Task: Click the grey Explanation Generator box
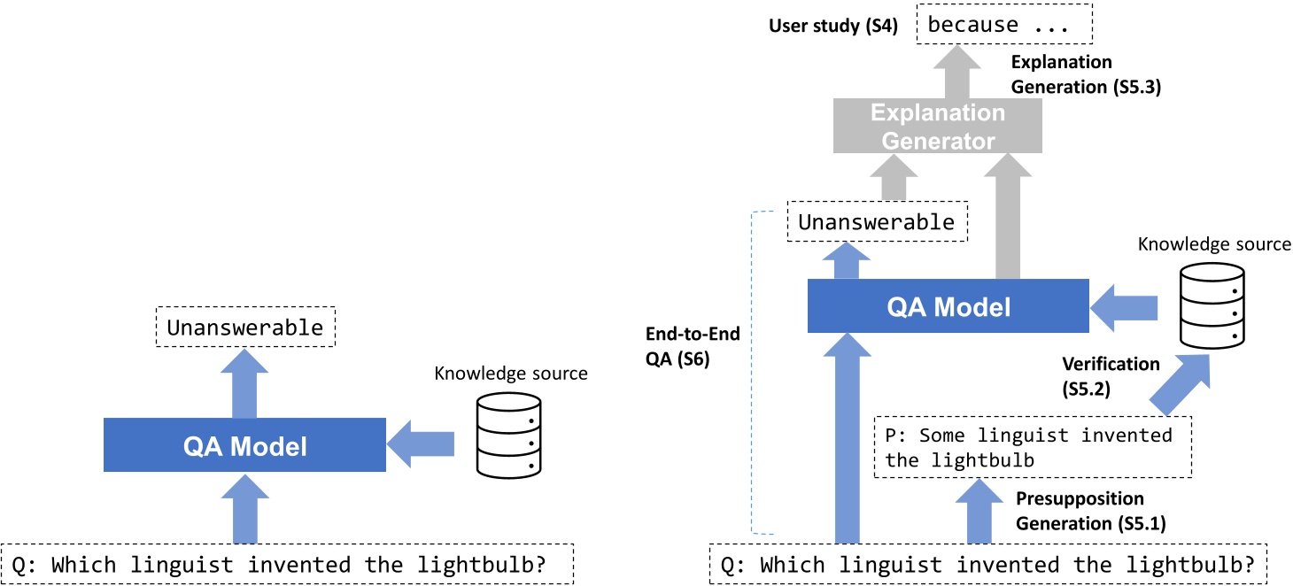point(938,127)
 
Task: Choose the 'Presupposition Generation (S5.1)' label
point(1080,511)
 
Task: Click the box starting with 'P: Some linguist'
point(1033,447)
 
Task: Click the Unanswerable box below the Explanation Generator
point(877,223)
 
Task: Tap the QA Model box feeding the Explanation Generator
point(948,305)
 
